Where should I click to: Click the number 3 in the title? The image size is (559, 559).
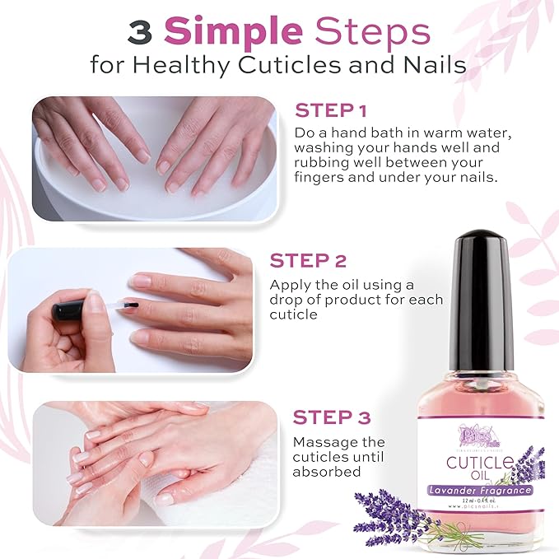141,32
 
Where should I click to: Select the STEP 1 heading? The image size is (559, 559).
330,110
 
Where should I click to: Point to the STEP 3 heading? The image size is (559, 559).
332,417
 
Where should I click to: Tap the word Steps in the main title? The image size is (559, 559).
374,32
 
